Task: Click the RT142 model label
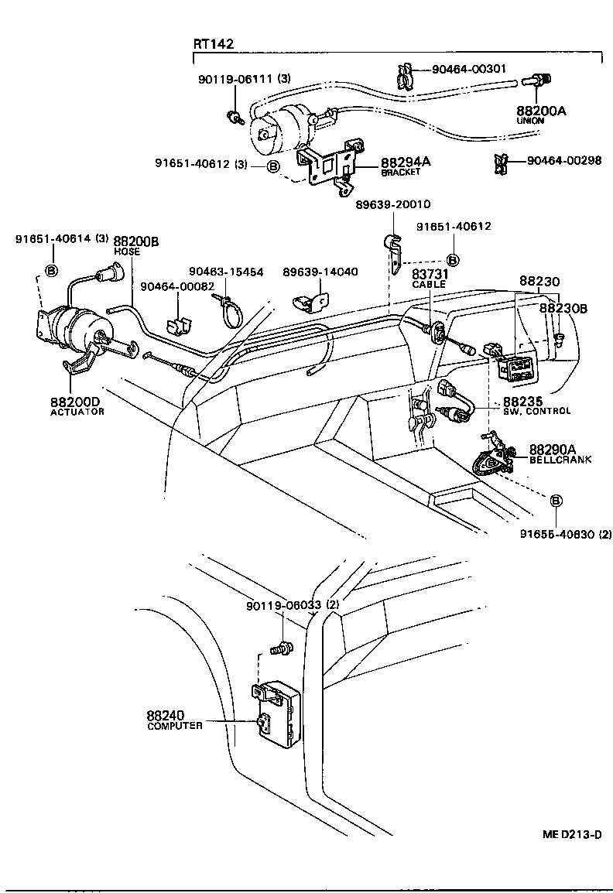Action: pyautogui.click(x=214, y=45)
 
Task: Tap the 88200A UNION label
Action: pyautogui.click(x=541, y=115)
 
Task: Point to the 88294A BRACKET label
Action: pyautogui.click(x=405, y=166)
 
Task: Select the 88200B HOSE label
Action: pyautogui.click(x=136, y=245)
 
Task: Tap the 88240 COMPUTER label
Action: pyautogui.click(x=175, y=720)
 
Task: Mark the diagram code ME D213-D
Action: pyautogui.click(x=572, y=835)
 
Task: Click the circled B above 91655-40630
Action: pyautogui.click(x=556, y=501)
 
